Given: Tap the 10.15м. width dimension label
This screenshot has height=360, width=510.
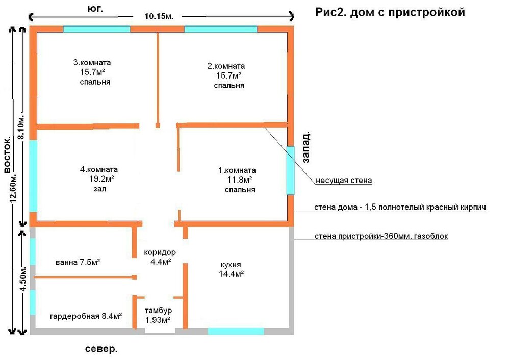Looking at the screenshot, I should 159,16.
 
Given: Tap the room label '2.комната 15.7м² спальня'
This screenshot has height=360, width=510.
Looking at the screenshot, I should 226,75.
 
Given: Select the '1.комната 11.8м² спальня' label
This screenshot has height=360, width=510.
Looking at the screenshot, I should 237,179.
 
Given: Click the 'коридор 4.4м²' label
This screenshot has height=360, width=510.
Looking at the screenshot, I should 160,257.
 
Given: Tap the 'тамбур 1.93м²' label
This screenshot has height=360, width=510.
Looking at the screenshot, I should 158,315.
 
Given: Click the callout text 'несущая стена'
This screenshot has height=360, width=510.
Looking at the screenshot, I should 344,181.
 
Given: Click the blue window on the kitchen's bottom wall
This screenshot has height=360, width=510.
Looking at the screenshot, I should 236,331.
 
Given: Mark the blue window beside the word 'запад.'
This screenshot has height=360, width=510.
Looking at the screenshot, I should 290,170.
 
